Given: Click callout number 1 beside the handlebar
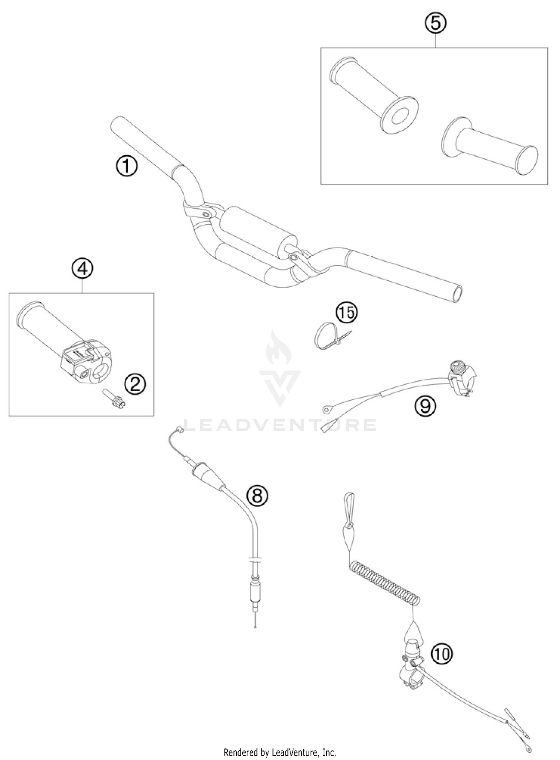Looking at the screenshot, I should (x=126, y=167).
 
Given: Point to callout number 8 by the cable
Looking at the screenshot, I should (x=257, y=496).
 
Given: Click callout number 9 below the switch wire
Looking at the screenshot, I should (x=425, y=407).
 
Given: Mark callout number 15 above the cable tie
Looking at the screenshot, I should (x=346, y=312).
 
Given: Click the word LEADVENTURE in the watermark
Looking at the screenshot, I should (x=280, y=424).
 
